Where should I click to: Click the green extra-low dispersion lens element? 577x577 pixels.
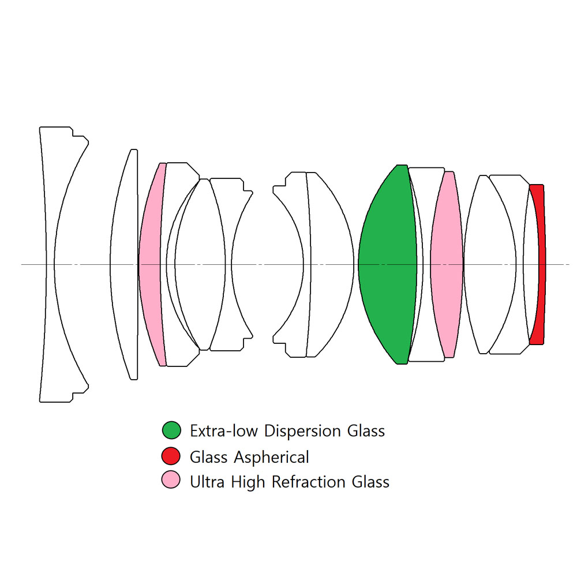[387, 264]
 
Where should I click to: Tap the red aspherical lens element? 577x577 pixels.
[540, 264]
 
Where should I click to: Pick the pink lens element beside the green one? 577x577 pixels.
[447, 264]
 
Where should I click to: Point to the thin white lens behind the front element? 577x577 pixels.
[124, 264]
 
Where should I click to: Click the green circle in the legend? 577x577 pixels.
[171, 430]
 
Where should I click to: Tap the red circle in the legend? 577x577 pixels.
[171, 456]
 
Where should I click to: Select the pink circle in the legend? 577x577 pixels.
[171, 480]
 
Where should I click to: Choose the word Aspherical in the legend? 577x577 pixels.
[271, 458]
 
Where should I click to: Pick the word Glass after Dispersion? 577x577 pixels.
[366, 431]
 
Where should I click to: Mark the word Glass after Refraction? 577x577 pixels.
[371, 481]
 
